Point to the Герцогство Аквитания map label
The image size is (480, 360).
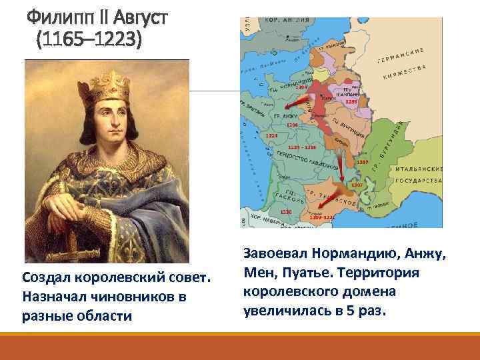[307, 156]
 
